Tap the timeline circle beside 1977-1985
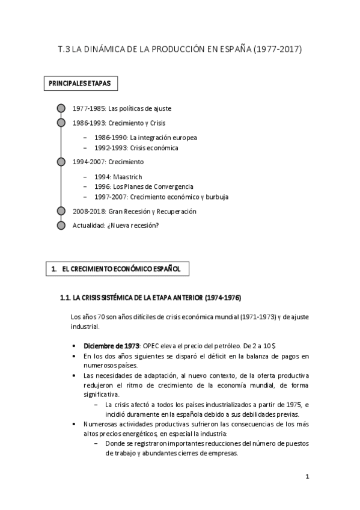[60, 108]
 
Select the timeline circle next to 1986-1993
[60, 123]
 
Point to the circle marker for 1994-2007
[60, 162]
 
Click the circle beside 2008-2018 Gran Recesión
[60, 211]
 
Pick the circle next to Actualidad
[60, 226]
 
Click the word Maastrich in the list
[129, 177]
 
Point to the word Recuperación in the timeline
[175, 211]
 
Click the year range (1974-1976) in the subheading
[223, 298]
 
